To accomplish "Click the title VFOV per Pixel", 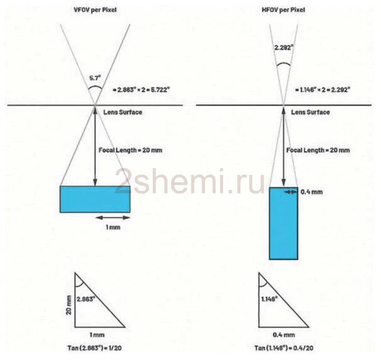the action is [95, 10].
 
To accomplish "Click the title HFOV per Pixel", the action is [283, 10].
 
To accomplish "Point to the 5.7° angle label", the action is [95, 78].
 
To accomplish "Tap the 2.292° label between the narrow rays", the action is [284, 48].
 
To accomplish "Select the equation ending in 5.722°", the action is [141, 90].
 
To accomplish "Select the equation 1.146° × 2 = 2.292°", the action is [323, 90].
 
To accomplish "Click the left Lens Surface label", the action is [123, 112].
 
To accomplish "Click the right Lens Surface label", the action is [311, 112].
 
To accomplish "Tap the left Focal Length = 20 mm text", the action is [130, 150].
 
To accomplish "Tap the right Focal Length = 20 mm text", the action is [318, 150].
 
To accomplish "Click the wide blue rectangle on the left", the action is [95, 199].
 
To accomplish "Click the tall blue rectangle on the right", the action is [284, 223].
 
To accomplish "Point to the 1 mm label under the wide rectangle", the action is [113, 228].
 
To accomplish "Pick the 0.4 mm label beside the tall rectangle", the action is [312, 192].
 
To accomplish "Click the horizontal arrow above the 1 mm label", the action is [113, 218].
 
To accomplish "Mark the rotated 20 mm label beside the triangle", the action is [69, 305].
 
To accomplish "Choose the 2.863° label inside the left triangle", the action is [86, 299].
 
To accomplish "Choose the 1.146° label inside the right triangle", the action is [269, 299].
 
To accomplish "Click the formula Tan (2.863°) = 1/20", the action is [95, 348].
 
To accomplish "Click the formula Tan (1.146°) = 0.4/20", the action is [284, 348].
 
